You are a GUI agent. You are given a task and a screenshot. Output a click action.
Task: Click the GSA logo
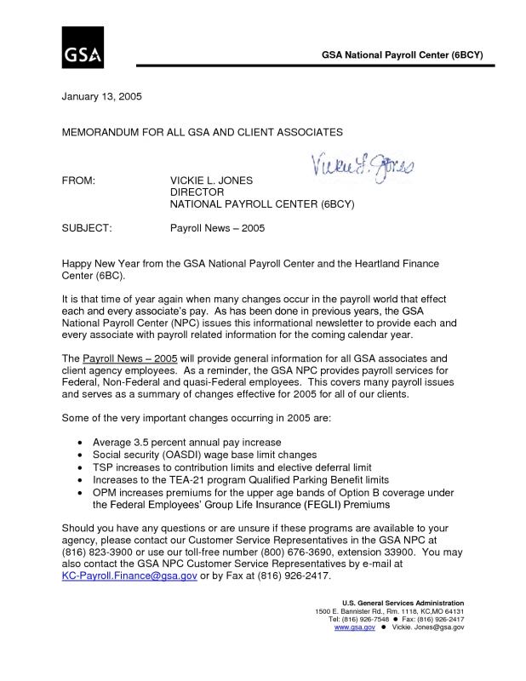(x=83, y=48)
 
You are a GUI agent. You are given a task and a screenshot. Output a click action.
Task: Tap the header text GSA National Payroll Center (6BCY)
(x=402, y=55)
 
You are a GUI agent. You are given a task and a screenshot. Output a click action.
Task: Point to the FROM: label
(x=79, y=181)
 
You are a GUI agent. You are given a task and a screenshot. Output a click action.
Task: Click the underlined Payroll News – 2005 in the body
(x=129, y=359)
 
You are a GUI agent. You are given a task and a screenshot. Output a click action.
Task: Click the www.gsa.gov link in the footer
(x=355, y=627)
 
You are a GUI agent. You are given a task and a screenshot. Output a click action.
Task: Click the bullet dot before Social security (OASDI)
(x=80, y=455)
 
